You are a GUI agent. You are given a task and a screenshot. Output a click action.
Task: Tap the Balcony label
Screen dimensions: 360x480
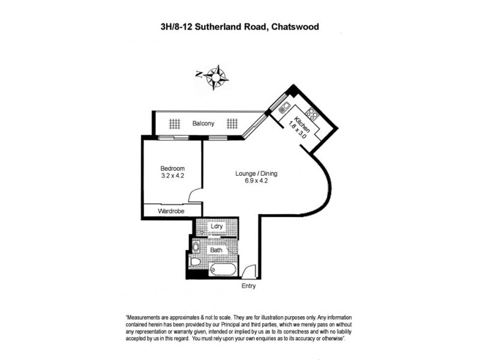point(203,124)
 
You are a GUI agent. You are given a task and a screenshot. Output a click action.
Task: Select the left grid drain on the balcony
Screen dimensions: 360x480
point(174,124)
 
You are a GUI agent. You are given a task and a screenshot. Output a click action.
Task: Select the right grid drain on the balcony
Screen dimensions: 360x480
point(232,124)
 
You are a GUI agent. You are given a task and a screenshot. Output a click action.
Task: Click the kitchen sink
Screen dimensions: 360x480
point(285,109)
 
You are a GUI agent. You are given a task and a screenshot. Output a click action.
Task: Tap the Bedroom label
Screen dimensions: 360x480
point(172,169)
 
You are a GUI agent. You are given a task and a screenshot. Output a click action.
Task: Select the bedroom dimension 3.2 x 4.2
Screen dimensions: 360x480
point(172,176)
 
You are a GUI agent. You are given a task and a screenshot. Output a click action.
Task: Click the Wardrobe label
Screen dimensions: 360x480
point(171,212)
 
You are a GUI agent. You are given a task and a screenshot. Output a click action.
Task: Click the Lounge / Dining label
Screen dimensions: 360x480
point(256,174)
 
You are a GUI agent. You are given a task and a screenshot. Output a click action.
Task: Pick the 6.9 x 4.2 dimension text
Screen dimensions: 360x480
point(256,182)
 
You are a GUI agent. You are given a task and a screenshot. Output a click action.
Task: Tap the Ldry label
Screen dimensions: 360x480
point(217,227)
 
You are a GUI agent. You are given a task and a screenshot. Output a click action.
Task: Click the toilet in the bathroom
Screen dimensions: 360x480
point(195,261)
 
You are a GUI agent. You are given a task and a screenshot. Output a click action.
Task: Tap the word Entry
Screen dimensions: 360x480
point(249,286)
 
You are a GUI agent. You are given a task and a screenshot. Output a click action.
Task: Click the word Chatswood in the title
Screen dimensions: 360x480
point(289,27)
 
